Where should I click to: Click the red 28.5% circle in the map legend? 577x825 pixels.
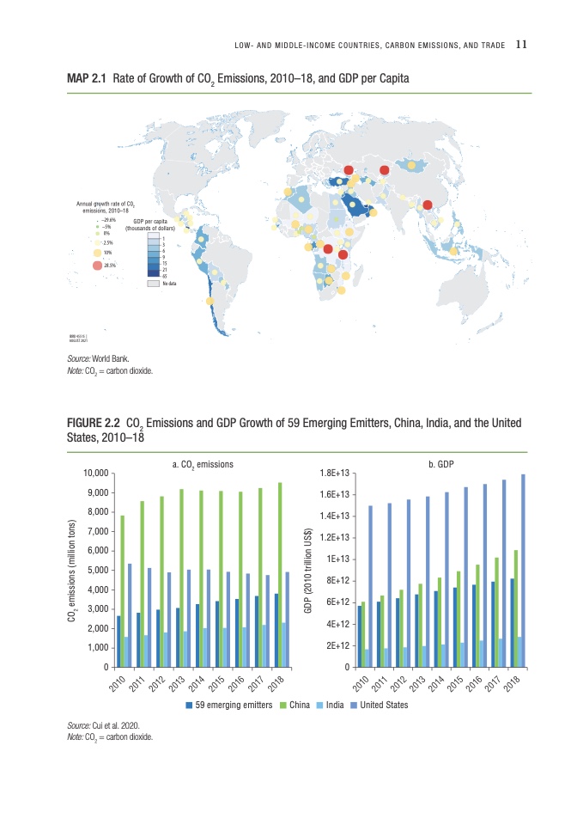point(97,266)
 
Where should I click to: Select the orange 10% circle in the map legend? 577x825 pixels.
point(97,253)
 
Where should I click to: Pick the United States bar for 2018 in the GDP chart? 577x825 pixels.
point(523,571)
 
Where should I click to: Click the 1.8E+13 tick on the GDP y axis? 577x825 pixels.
point(333,474)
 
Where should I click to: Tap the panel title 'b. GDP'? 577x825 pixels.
point(440,464)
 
